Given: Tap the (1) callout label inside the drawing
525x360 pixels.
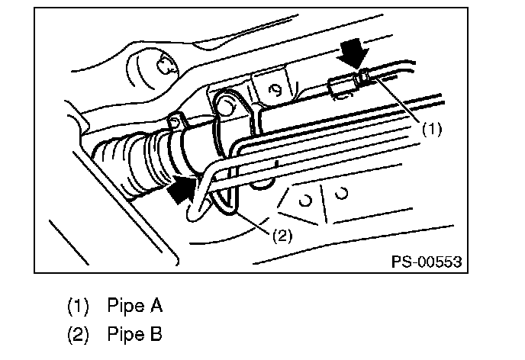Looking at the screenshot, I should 432,129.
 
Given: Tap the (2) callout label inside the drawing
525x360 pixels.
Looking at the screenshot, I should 282,235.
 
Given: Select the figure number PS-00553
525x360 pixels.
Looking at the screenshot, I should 427,262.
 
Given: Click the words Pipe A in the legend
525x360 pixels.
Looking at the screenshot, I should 134,307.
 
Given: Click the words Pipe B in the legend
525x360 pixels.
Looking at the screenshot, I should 134,334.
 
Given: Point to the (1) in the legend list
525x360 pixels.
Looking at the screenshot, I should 79,307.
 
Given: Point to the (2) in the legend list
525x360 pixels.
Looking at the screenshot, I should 79,334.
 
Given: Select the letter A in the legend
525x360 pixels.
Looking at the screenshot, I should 156,307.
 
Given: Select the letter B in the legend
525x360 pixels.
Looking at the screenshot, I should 156,334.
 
